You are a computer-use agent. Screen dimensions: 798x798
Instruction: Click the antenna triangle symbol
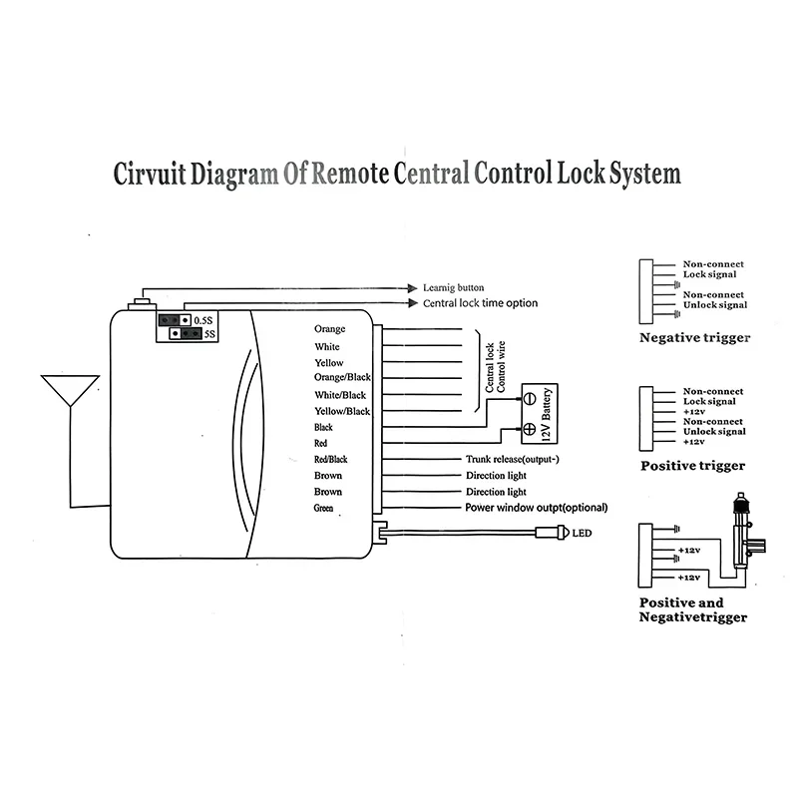69,389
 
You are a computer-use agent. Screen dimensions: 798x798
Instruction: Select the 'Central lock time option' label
480,303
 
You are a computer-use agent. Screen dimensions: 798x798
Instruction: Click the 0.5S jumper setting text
203,319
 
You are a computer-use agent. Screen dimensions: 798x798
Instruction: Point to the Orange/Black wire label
342,378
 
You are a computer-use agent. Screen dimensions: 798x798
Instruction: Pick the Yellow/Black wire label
342,411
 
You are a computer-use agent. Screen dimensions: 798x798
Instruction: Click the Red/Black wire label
331,459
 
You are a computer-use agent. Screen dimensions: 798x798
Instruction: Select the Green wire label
324,509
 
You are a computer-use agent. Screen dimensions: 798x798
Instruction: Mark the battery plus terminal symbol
529,429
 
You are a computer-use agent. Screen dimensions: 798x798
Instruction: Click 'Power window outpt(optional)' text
537,508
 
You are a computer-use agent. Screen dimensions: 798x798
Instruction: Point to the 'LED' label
582,534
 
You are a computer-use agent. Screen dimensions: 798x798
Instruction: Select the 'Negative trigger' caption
694,338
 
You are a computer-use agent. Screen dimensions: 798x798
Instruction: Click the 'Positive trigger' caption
693,465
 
